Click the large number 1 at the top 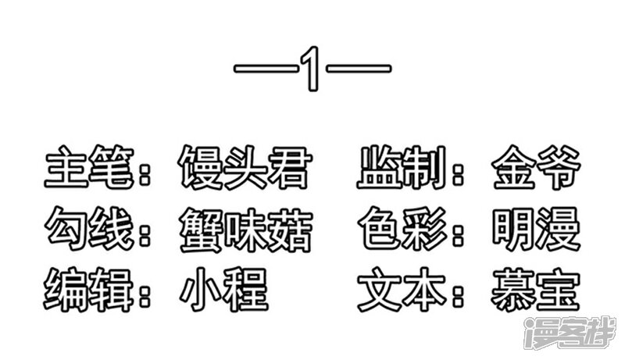312,69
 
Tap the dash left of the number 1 266,68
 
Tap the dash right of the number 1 359,68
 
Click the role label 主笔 89,167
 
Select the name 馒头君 245,167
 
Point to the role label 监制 402,167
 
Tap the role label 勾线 89,230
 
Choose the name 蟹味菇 245,230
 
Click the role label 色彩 402,230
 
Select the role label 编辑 88,290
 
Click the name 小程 224,290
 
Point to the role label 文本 402,290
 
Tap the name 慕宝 536,290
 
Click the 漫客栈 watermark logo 570,333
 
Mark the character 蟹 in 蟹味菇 201,230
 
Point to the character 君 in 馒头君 289,167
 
